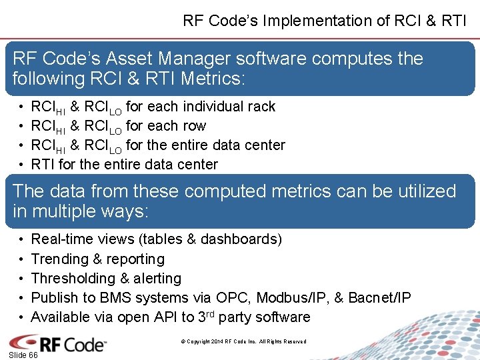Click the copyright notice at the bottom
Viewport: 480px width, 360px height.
[x=243, y=342]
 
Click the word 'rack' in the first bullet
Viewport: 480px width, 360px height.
[x=261, y=107]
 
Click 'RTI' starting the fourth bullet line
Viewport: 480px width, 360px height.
[x=43, y=165]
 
